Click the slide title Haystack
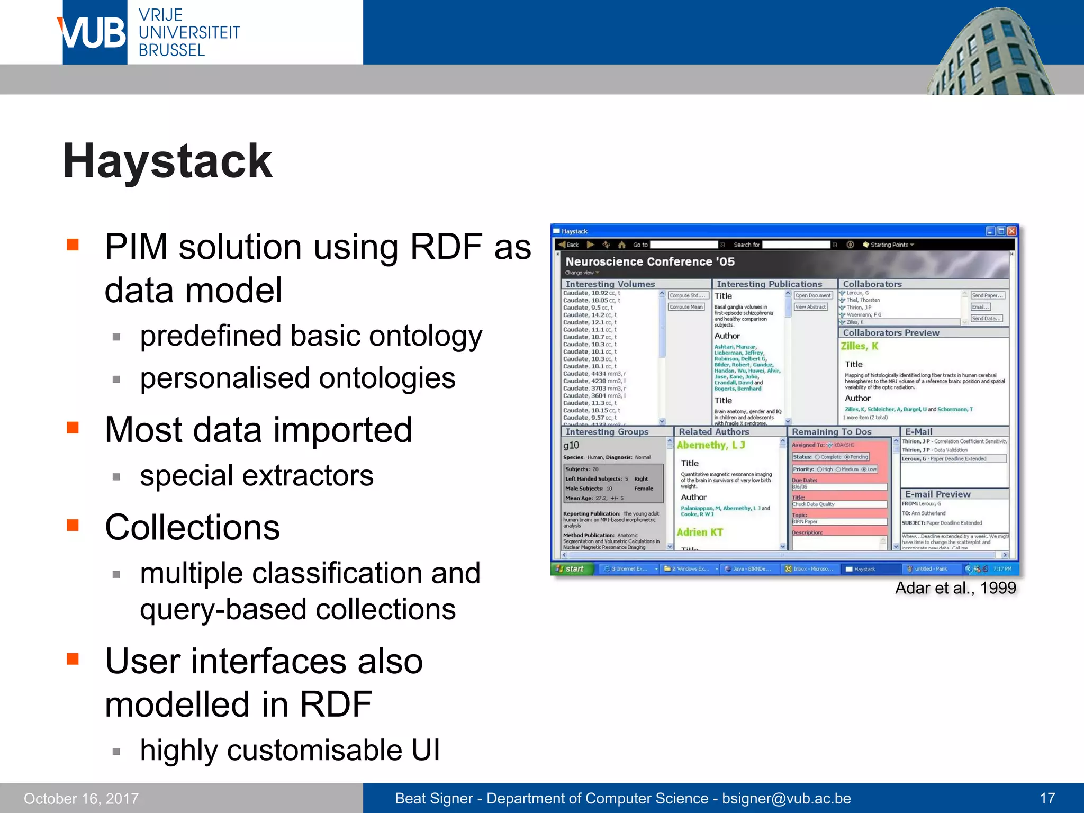167,161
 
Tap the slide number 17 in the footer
1047,798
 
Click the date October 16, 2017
81,798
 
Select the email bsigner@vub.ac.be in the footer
786,798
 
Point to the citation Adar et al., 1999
955,588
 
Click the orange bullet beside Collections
73,525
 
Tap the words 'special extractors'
257,475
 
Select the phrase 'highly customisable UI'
290,750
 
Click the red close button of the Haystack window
1011,231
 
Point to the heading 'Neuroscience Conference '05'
649,261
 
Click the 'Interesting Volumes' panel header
610,284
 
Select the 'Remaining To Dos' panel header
831,432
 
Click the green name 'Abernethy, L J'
710,445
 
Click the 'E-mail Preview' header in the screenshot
937,494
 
